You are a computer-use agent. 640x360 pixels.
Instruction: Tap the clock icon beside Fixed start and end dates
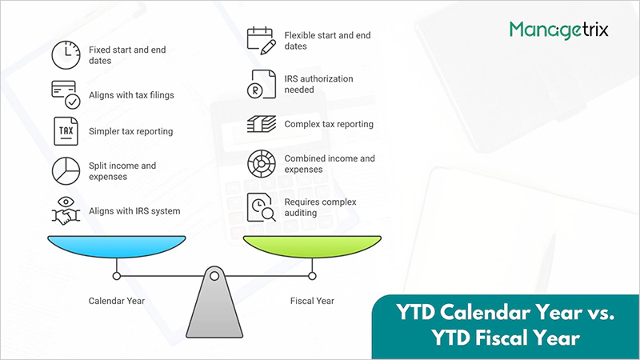click(x=65, y=54)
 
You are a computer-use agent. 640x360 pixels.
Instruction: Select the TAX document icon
click(x=65, y=130)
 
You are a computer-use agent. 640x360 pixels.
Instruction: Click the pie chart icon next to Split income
click(x=65, y=170)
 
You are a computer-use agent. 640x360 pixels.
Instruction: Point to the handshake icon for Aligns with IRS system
click(x=65, y=210)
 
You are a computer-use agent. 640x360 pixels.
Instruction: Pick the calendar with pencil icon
click(x=260, y=40)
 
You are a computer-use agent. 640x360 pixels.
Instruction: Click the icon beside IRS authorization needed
click(x=260, y=84)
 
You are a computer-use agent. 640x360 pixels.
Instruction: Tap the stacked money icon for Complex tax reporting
click(x=260, y=124)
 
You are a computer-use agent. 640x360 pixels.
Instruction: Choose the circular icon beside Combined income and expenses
click(x=260, y=163)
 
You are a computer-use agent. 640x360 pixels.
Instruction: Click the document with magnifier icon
click(x=261, y=206)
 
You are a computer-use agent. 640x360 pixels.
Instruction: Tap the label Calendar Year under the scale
click(x=117, y=301)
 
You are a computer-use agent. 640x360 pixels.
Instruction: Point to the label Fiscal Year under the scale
click(x=312, y=301)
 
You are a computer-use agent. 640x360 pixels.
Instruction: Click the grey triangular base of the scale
click(x=214, y=308)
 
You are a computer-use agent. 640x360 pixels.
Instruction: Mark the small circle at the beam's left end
click(x=117, y=276)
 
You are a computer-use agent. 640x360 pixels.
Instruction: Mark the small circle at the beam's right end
click(x=312, y=276)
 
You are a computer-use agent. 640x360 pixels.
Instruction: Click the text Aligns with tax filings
click(x=131, y=95)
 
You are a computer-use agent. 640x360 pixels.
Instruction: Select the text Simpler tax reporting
click(x=130, y=130)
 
